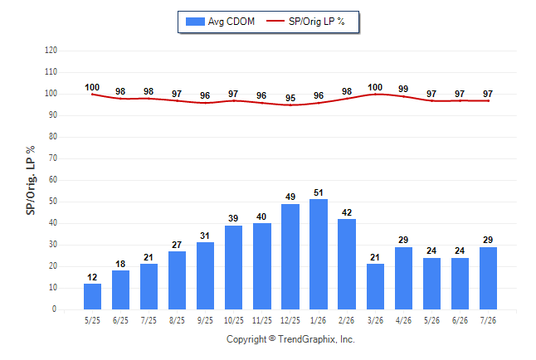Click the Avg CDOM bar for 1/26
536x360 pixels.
(319, 254)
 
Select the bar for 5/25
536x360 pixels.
(92, 296)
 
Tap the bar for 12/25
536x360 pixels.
(290, 257)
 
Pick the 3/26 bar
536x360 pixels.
(375, 286)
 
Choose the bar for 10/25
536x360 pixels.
(233, 267)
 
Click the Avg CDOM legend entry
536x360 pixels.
(220, 22)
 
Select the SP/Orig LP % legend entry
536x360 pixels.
(305, 22)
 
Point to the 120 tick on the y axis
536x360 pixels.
(51, 51)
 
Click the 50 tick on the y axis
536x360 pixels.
(53, 202)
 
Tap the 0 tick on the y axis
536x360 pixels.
(55, 309)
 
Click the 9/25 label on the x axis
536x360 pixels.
(205, 320)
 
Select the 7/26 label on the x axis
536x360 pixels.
(488, 320)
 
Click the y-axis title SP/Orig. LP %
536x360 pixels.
(31, 180)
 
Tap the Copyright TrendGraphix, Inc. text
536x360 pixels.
(290, 339)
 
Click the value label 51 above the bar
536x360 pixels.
(319, 192)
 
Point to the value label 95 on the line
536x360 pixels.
(290, 98)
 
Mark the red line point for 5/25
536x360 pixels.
(92, 95)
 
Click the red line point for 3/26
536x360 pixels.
(375, 94)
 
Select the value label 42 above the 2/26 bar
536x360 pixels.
(347, 212)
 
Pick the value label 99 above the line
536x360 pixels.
(403, 89)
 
